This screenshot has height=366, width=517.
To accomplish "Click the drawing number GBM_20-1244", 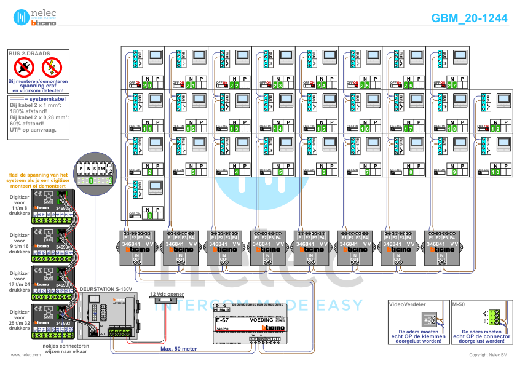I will [x=469, y=18].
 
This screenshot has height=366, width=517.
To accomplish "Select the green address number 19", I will [x=493, y=129].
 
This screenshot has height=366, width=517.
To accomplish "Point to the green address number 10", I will [x=495, y=173].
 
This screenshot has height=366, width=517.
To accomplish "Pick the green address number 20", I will [x=147, y=85].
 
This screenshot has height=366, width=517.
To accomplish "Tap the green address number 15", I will [x=322, y=129].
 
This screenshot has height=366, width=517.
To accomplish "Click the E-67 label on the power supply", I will [x=222, y=321].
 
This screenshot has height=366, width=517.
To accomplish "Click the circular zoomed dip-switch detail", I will [x=92, y=173].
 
